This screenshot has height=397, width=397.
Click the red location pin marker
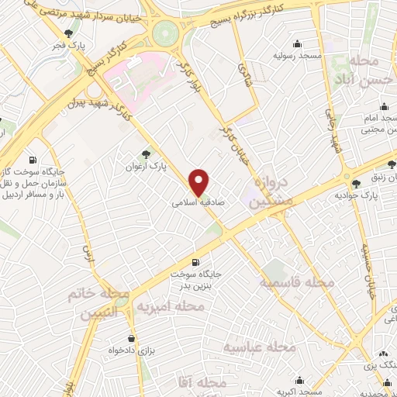199,181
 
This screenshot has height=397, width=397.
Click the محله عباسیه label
260,347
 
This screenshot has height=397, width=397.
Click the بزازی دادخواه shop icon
132,339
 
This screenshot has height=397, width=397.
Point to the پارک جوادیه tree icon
356,184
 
